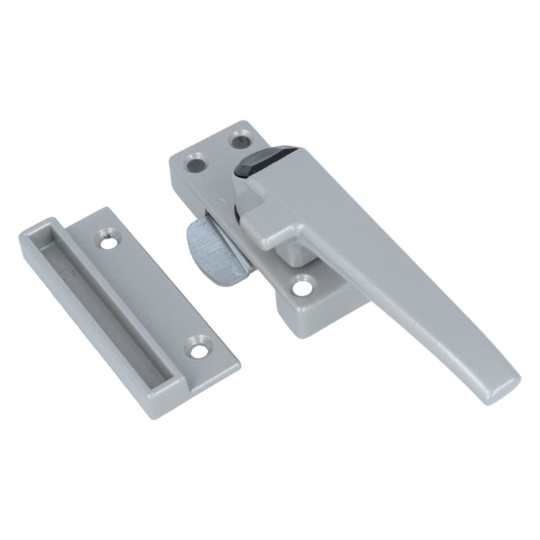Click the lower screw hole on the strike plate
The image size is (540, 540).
[201, 344]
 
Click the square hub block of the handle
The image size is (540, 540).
[282, 210]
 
